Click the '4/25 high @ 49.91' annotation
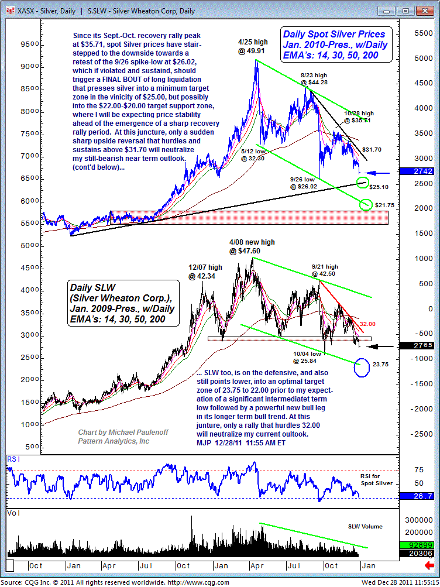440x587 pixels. pos(253,47)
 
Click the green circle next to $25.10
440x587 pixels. pos(363,182)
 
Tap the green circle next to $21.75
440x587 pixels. pos(366,204)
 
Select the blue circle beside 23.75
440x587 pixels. pos(362,367)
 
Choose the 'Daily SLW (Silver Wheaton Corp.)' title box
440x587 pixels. pos(122,303)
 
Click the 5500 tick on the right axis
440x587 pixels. pos(421,34)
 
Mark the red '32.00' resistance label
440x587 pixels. pos(367,324)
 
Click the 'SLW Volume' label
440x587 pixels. pos(366,527)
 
